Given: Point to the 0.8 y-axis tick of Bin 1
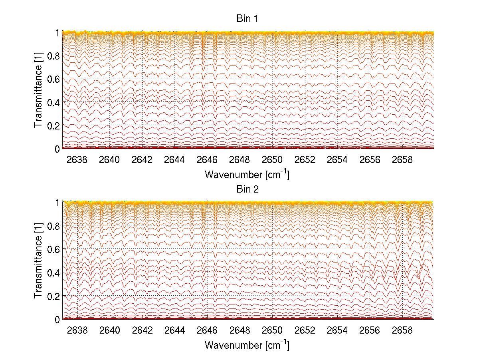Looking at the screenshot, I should point(53,56).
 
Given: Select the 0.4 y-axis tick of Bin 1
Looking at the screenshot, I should point(53,102).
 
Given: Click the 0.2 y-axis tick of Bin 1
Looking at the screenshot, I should point(53,125).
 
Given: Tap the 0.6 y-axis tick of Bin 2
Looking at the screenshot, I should point(53,249).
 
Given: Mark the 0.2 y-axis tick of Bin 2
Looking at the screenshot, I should point(53,296).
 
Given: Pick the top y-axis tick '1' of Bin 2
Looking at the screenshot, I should point(57,203).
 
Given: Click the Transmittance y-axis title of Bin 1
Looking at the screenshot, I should point(38,90).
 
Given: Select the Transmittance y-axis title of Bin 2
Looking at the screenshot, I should point(38,261).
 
